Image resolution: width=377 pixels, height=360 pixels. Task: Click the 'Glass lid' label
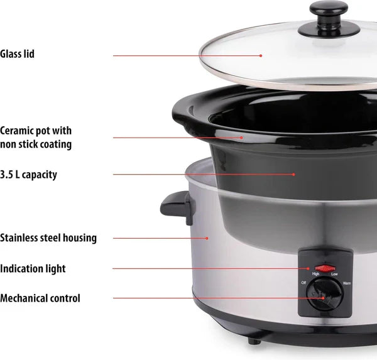tap(17, 55)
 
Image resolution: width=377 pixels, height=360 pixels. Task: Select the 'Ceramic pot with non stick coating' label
tap(36, 138)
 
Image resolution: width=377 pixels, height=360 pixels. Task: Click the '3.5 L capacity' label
tap(28, 175)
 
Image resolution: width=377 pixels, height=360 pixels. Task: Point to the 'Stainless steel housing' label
tap(48, 238)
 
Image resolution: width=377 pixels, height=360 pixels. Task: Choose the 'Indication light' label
tap(33, 269)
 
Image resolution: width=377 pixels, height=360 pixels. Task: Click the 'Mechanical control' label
tap(40, 298)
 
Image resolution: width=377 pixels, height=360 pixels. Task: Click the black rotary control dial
tap(325, 296)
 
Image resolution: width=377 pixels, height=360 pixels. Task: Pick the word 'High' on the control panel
tap(315, 275)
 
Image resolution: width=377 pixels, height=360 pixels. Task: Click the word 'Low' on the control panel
tap(334, 275)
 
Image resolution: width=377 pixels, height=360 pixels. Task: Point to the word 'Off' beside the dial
tap(305, 283)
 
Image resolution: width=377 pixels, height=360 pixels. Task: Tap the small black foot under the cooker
tap(253, 340)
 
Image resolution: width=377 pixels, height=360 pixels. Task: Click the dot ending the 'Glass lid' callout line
tap(260, 55)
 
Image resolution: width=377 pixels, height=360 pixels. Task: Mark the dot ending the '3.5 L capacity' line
tap(293, 175)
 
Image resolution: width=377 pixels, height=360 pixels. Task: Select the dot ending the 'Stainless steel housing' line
tap(207, 238)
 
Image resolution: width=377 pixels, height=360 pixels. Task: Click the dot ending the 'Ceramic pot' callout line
tap(241, 138)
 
